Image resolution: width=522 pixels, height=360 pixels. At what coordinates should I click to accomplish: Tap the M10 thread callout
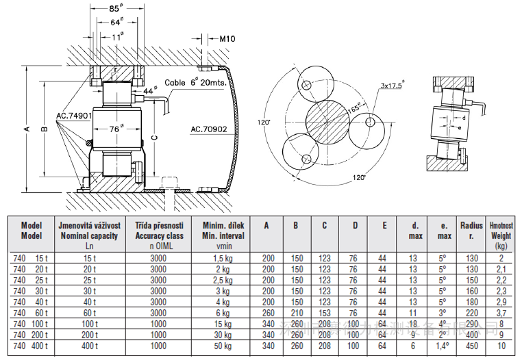(227, 40)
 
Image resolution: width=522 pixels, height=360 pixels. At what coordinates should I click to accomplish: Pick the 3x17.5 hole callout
(393, 86)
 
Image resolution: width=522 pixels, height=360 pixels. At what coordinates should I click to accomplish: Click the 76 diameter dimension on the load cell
(116, 127)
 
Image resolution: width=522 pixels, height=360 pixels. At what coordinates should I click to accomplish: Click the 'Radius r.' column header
(471, 231)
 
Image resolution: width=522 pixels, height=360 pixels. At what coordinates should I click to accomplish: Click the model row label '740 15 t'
(32, 258)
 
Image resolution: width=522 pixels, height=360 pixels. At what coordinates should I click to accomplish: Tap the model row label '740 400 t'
(32, 346)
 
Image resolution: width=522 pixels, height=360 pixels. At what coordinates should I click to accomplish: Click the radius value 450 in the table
(471, 346)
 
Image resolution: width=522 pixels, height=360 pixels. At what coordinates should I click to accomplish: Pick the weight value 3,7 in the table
(501, 313)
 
